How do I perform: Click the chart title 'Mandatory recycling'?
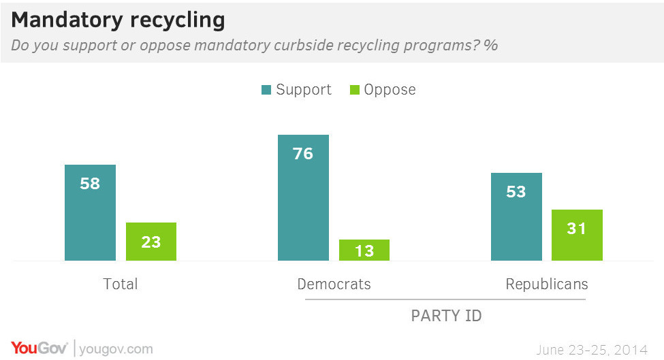pos(118,20)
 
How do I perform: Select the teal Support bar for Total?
pos(90,212)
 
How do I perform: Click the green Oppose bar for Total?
pos(151,242)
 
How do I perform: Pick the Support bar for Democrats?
pos(303,197)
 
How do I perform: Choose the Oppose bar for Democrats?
pos(364,250)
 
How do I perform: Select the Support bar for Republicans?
pos(516,216)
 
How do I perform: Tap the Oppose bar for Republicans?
pos(577,235)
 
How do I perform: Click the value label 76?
pos(303,154)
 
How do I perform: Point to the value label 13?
pos(364,251)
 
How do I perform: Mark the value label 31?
pos(577,229)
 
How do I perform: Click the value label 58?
pos(90,184)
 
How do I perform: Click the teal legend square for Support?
pos(266,90)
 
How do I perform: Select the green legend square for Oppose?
pos(354,90)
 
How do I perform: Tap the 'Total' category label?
pos(120,284)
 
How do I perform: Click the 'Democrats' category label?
pos(334,284)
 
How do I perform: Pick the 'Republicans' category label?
pos(547,284)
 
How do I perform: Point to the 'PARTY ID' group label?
pos(446,316)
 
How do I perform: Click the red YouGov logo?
pos(39,348)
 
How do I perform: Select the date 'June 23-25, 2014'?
pos(591,350)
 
